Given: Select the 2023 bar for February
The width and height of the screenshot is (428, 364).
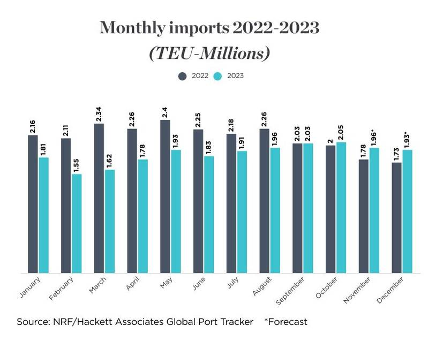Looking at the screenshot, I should click(x=77, y=224).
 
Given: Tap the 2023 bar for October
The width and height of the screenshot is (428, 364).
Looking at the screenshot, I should click(x=341, y=208).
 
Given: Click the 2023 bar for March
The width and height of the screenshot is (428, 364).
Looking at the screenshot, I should click(x=110, y=221).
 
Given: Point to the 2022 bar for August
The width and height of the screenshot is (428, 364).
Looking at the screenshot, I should click(x=264, y=201).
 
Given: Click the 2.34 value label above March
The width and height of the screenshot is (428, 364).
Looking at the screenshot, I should click(x=99, y=115).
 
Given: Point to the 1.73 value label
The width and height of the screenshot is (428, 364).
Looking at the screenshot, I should click(x=396, y=153).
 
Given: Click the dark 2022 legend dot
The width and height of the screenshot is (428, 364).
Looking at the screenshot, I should click(x=182, y=76).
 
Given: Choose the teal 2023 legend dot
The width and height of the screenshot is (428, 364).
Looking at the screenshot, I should click(x=219, y=76).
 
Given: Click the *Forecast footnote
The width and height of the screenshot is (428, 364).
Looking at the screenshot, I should click(x=286, y=322).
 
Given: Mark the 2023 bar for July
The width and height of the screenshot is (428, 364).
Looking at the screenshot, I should click(x=242, y=212).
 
